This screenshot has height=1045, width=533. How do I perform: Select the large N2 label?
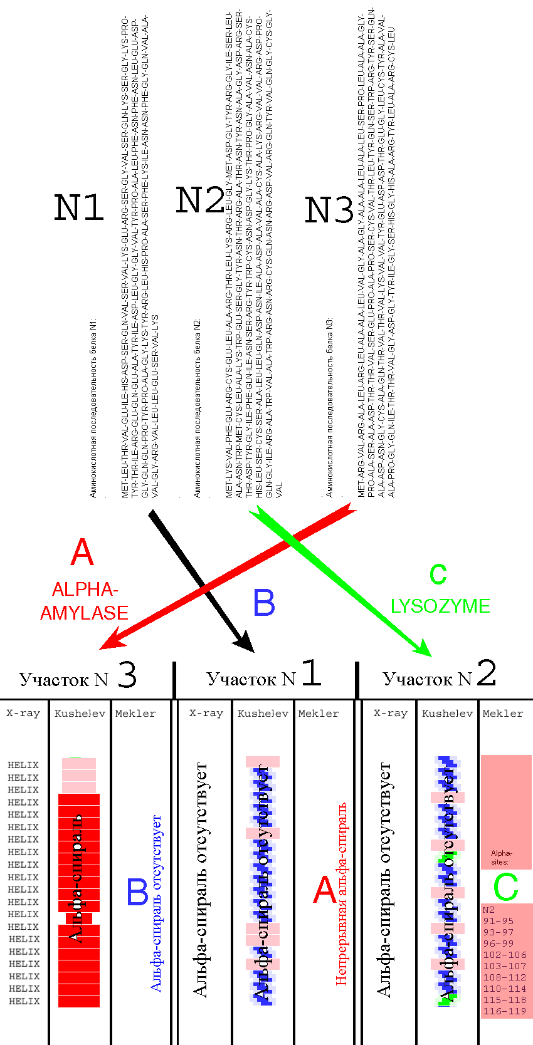point(199,200)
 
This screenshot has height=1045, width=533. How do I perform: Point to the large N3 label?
point(329,210)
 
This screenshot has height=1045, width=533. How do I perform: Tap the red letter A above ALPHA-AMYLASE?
point(82,553)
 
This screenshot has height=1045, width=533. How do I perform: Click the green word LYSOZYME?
point(440,606)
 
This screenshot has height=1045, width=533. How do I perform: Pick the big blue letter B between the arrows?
point(264,603)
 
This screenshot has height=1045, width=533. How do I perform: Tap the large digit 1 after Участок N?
point(311,673)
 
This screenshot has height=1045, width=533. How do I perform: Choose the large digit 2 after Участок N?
point(487,673)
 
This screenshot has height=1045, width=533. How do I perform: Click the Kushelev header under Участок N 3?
point(80,714)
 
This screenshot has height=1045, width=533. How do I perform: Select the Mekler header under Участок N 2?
point(503,714)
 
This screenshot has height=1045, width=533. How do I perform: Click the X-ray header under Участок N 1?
point(206,713)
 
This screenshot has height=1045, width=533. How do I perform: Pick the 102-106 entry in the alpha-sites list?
point(505,955)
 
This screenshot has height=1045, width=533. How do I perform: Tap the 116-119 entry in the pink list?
point(505,1011)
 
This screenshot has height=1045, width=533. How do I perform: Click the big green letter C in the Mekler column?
point(505,886)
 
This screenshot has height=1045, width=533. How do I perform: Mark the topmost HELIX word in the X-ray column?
point(23,765)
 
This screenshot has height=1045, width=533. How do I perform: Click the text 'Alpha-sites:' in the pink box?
point(501,858)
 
